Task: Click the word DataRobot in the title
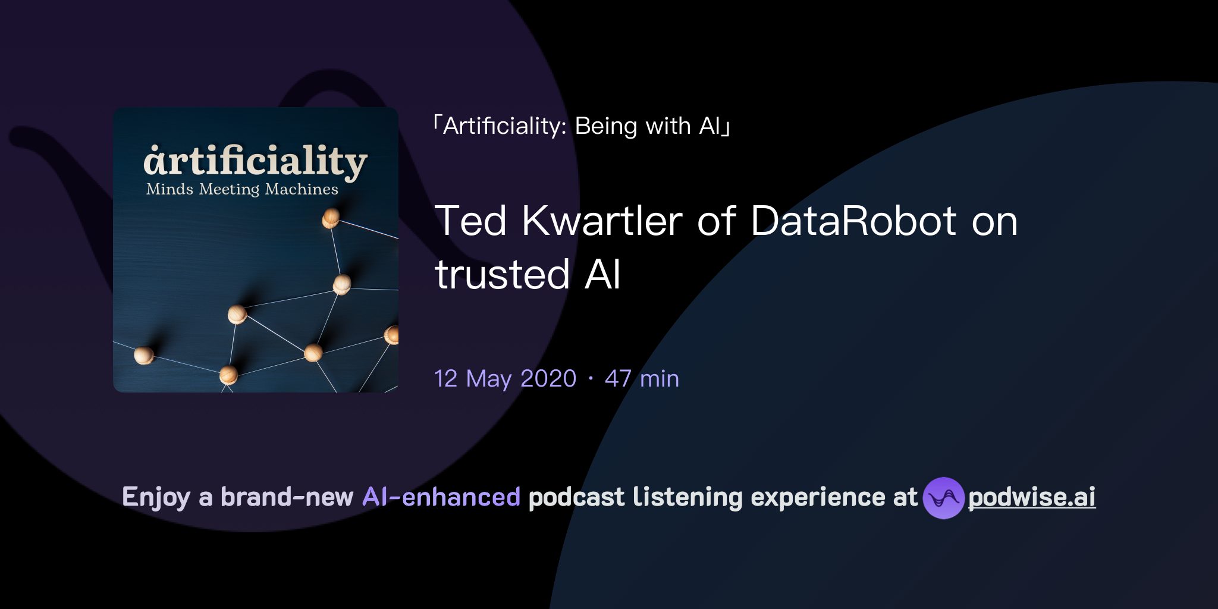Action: [853, 221]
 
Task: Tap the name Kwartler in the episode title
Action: [602, 221]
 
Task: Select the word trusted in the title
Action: [503, 275]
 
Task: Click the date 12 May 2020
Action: [505, 379]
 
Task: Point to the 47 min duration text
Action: [642, 379]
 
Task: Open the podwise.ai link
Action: [1031, 497]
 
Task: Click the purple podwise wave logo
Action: [943, 498]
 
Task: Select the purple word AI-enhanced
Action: [441, 497]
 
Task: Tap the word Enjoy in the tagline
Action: [156, 497]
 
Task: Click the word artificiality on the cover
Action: [255, 161]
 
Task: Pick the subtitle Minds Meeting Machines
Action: [242, 189]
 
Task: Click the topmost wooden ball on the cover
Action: [331, 218]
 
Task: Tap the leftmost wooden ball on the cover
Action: [143, 355]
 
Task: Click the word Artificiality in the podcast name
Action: [504, 126]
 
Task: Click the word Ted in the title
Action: [470, 221]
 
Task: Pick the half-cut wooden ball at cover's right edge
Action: [392, 335]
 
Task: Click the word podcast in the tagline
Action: [576, 497]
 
